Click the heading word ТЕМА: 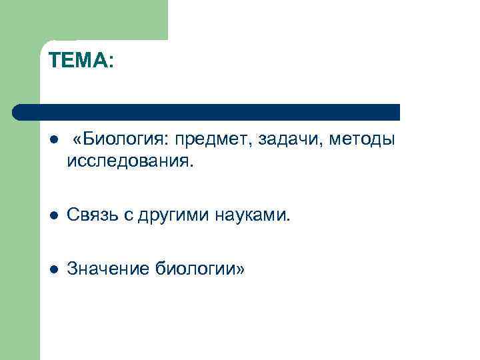[x=81, y=62]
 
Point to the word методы [x=363, y=140]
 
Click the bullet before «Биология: [x=54, y=141]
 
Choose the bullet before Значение [x=54, y=269]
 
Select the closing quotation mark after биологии [x=241, y=269]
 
